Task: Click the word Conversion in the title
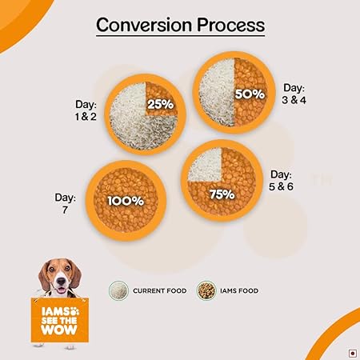[144, 25]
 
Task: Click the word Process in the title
[231, 26]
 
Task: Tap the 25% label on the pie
[161, 104]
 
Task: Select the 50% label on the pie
[250, 94]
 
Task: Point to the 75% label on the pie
[222, 194]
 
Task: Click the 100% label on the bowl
[126, 201]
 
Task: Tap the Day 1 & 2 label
[86, 110]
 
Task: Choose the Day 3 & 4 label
[294, 94]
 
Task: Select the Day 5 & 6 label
[281, 181]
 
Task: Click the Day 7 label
[66, 203]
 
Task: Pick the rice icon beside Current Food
[118, 290]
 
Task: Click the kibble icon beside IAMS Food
[206, 290]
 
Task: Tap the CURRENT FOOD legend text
[160, 290]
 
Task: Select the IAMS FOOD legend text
[239, 290]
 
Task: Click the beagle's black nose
[61, 281]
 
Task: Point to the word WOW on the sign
[59, 330]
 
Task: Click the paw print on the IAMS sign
[74, 311]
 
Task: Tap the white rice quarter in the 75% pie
[205, 165]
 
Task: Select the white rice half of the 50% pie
[217, 92]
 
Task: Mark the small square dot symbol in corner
[353, 354]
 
